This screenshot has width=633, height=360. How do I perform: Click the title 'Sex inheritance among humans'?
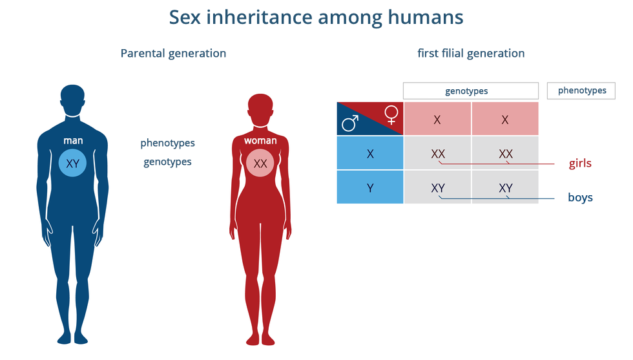(x=316, y=17)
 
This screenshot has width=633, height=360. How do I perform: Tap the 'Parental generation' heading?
(x=173, y=53)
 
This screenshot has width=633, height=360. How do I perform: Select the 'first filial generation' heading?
(x=471, y=53)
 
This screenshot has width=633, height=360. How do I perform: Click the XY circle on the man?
(x=72, y=164)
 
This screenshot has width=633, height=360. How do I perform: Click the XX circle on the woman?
(x=260, y=164)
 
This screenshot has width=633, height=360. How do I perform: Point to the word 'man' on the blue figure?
(x=72, y=140)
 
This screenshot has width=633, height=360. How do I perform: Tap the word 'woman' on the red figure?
(x=260, y=140)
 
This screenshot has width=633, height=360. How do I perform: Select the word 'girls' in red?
(x=580, y=164)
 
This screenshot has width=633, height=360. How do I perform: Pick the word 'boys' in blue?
(x=580, y=197)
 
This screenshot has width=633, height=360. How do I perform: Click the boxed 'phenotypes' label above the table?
(x=582, y=90)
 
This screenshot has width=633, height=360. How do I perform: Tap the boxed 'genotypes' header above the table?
(x=471, y=91)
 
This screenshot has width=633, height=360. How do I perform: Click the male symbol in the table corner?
(x=351, y=123)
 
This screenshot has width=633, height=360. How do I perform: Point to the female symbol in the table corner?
(x=391, y=114)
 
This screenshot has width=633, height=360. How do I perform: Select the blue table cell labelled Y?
(x=370, y=187)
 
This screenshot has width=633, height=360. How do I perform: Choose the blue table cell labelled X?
(x=370, y=154)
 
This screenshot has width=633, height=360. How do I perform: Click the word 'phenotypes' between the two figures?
(x=167, y=143)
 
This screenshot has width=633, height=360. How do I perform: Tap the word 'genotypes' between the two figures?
(x=167, y=162)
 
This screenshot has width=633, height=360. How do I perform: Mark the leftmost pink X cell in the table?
(x=437, y=120)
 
